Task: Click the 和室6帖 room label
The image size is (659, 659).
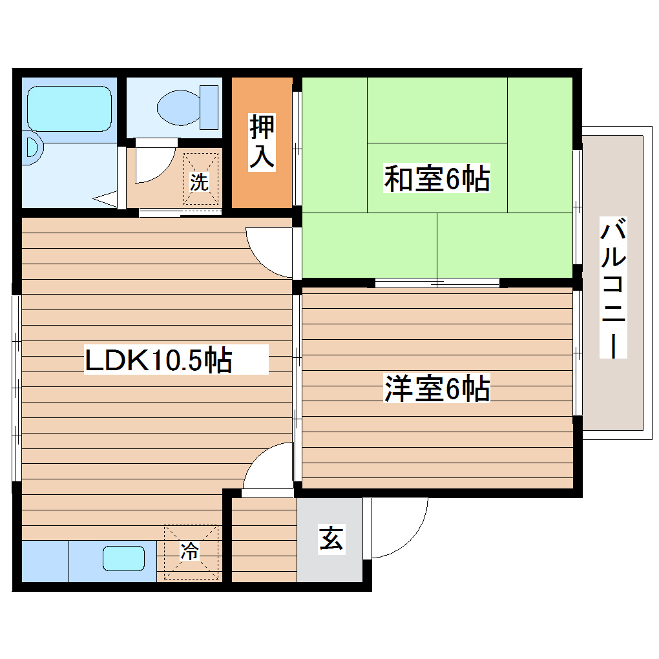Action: click(437, 179)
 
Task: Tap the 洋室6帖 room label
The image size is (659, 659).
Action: click(437, 389)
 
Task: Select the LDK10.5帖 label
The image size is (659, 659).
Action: click(158, 361)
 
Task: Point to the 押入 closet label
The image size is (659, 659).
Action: click(262, 143)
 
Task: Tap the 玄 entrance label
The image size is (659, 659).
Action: click(331, 539)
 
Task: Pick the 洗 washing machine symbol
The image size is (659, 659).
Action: click(200, 182)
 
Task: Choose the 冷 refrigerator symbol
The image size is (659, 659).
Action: click(190, 552)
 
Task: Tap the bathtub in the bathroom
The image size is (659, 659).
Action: click(68, 108)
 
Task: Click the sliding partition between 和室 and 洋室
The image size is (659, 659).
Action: click(437, 282)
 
